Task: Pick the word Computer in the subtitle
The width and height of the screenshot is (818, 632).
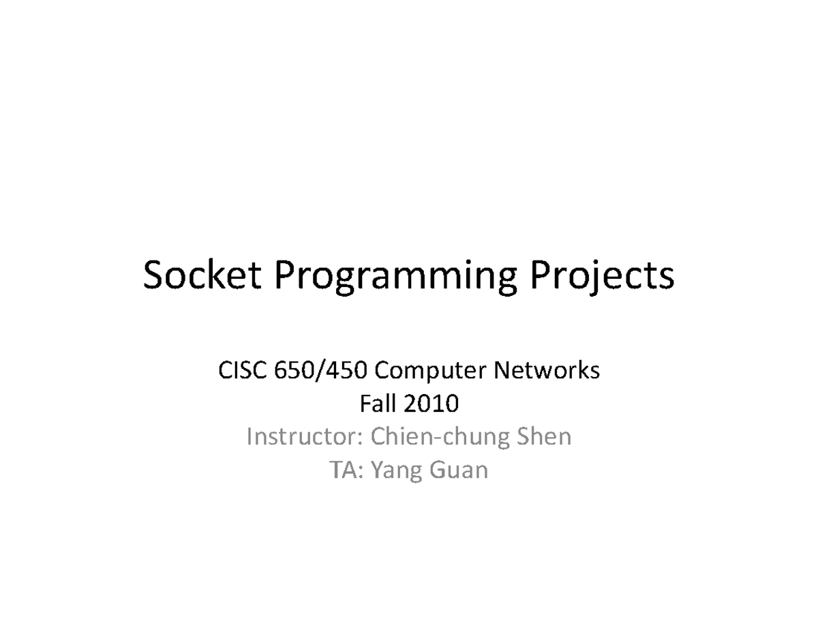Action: point(430,372)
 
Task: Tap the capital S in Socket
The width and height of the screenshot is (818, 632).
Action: point(153,275)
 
